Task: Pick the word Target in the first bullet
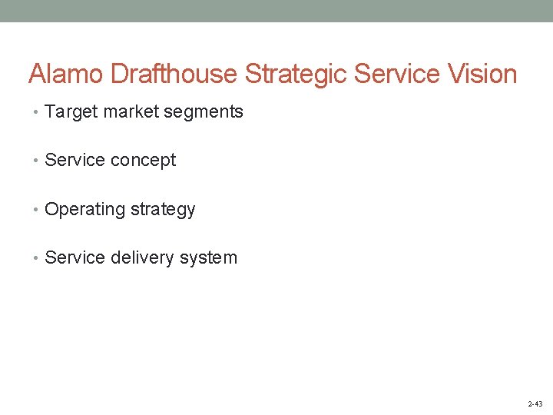click(x=71, y=112)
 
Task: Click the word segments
click(x=204, y=112)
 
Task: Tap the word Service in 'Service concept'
click(x=75, y=160)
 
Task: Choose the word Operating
click(x=84, y=210)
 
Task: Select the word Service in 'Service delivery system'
click(x=75, y=257)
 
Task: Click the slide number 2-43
click(x=535, y=403)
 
